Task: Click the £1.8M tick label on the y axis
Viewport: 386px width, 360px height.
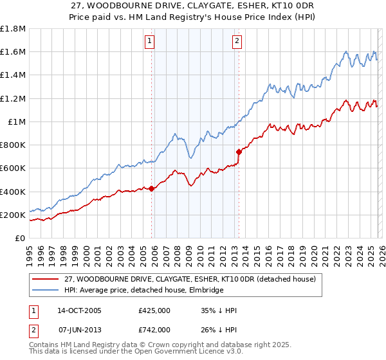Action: point(13,29)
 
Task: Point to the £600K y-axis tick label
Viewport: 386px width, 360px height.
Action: point(13,168)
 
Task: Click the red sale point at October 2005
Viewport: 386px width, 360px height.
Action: point(152,188)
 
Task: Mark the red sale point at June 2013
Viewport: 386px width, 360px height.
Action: point(239,152)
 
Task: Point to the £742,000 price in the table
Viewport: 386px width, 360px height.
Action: point(154,330)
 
